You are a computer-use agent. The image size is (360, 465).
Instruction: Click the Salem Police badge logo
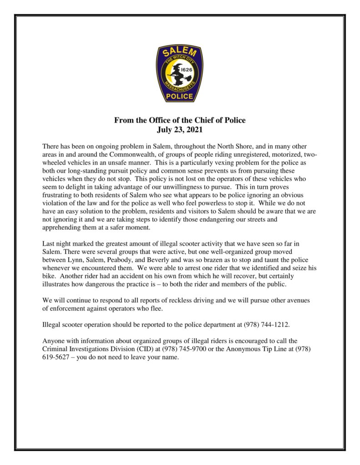point(180,74)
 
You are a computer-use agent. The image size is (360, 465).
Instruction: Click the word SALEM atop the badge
point(180,54)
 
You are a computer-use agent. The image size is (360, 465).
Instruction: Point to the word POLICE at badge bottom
point(180,96)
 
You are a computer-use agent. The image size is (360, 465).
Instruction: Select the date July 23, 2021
point(180,129)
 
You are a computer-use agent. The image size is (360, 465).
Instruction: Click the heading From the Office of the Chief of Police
point(180,121)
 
